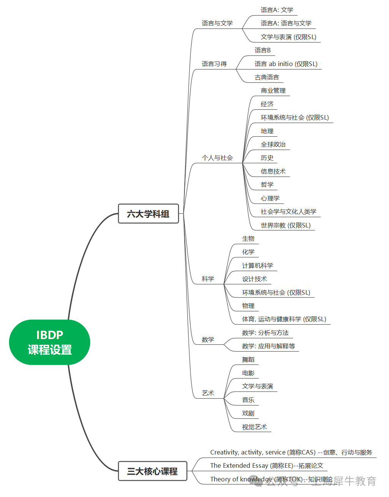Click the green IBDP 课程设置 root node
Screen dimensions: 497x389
tap(49, 342)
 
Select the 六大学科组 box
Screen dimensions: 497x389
tap(148, 214)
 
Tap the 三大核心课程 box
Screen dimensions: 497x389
tap(152, 471)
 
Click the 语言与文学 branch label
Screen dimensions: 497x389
tap(217, 23)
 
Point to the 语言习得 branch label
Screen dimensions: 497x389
tap(214, 64)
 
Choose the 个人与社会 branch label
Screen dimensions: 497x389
tap(217, 158)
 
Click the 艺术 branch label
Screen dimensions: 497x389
tap(208, 393)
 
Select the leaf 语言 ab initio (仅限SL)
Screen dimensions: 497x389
tap(286, 64)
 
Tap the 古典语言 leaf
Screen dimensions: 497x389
tap(267, 77)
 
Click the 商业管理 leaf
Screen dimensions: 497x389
tap(273, 90)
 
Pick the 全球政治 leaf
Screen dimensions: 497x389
tap(273, 144)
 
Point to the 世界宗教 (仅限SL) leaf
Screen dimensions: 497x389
tap(286, 225)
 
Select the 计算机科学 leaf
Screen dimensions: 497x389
tap(257, 265)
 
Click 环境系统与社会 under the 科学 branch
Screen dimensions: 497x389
tap(276, 292)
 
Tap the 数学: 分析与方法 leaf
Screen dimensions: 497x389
tap(265, 333)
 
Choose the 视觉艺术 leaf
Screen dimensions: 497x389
tap(254, 427)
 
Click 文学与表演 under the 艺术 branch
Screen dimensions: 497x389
tap(257, 386)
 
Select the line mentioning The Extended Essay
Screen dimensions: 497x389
tap(267, 465)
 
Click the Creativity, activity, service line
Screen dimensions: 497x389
tap(291, 452)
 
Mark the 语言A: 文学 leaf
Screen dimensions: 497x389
tap(277, 10)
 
